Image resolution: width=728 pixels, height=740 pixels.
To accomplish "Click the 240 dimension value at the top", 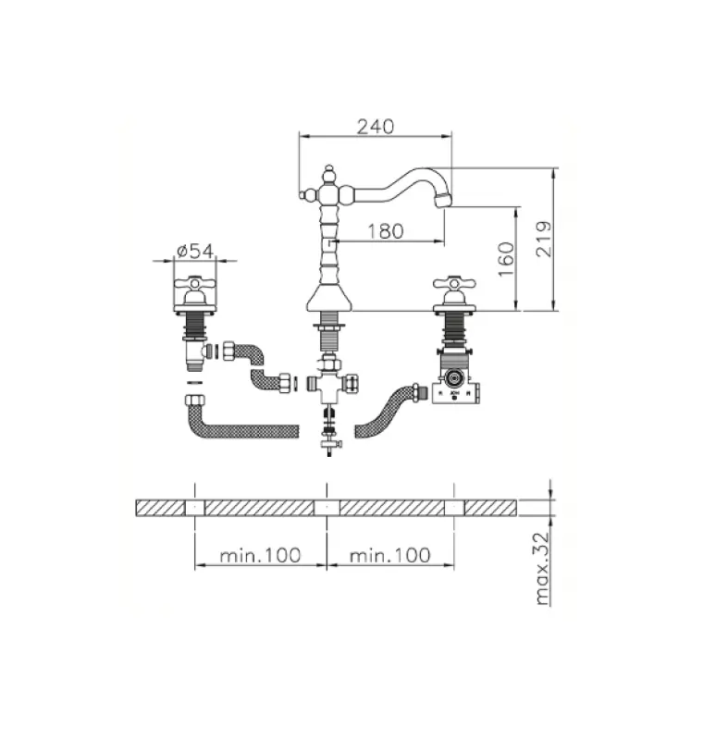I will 376,126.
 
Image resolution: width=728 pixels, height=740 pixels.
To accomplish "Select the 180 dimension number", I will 385,231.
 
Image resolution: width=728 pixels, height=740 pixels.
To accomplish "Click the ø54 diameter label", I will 194,251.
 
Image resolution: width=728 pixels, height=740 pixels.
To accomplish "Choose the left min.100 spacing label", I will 261,555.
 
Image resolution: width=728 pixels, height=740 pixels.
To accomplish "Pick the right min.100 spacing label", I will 390,555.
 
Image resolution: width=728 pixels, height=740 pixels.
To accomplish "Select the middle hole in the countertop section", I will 327,508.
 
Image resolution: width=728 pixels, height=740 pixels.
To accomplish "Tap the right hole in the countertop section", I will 454,508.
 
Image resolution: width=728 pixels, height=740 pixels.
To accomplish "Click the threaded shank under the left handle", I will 194,325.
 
